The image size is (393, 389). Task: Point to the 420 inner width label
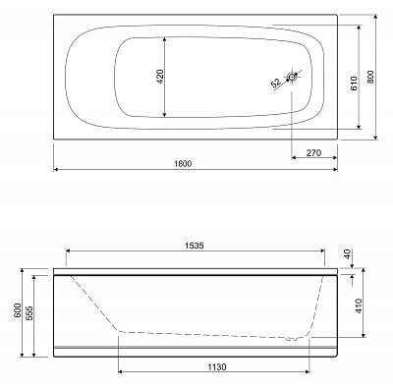pos(159,77)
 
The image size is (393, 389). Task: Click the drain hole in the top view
pos(293,77)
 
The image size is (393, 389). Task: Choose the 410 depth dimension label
pos(360,305)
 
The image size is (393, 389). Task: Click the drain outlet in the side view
pos(293,339)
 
